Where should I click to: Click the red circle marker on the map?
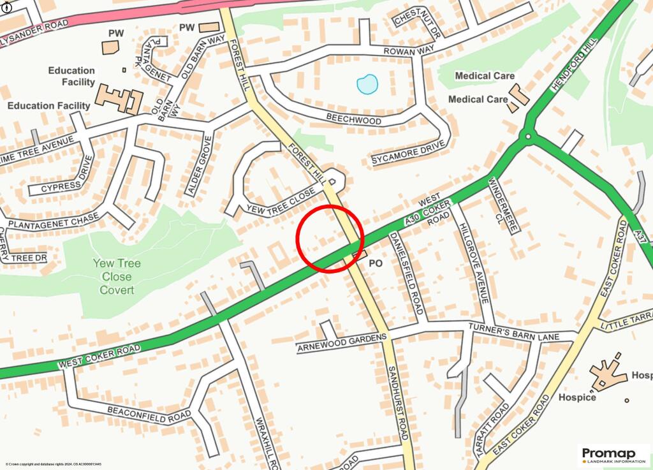[330, 239]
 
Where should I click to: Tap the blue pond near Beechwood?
[367, 84]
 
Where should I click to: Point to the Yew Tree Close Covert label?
[117, 276]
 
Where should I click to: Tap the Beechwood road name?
[353, 119]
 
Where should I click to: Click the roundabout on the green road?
[528, 135]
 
